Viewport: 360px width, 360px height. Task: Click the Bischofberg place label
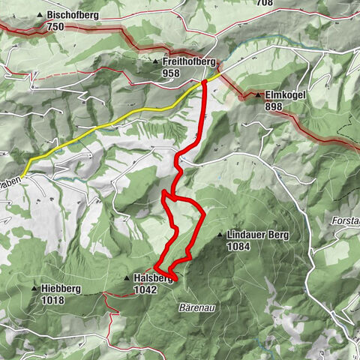click(x=71, y=14)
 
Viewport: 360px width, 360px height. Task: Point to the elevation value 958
click(x=172, y=73)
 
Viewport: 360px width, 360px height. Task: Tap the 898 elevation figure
click(x=274, y=106)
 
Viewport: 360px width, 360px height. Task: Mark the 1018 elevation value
click(x=53, y=301)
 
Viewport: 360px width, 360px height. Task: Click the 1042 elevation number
click(x=147, y=289)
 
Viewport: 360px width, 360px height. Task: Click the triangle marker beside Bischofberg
click(x=40, y=14)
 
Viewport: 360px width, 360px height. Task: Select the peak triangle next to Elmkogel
click(x=257, y=96)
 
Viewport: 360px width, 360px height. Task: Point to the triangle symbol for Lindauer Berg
click(x=220, y=235)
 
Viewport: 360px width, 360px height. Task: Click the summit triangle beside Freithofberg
click(x=155, y=62)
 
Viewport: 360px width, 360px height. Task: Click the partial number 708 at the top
click(x=264, y=3)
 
